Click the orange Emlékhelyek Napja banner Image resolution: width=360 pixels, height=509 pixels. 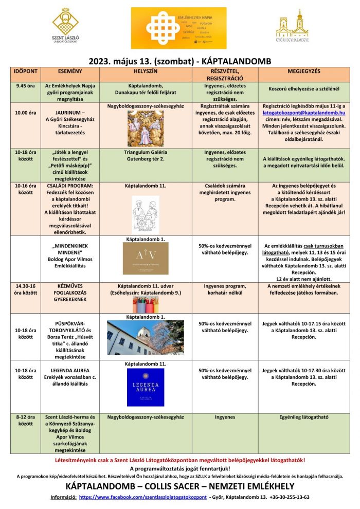pyautogui.click(x=178, y=28)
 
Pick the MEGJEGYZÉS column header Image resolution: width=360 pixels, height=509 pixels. pyautogui.click(x=304, y=69)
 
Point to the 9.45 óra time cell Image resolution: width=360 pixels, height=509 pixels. pyautogui.click(x=25, y=86)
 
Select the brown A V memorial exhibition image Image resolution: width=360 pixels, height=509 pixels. pyautogui.click(x=146, y=258)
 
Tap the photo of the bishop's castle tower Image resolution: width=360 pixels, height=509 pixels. pyautogui.click(x=146, y=338)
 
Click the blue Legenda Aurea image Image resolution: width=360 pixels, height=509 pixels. pyautogui.click(x=146, y=387)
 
